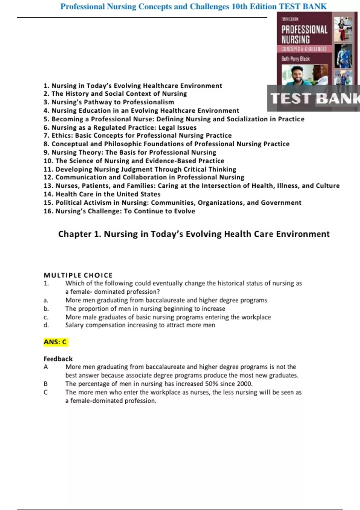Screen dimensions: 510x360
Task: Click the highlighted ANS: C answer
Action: (55, 342)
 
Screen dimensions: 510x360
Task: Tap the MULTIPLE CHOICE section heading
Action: (78, 275)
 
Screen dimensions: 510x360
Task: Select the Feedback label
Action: (58, 359)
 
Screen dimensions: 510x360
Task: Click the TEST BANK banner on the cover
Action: (313, 98)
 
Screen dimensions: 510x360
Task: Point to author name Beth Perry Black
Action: (295, 59)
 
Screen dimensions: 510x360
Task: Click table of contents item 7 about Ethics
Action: (138, 136)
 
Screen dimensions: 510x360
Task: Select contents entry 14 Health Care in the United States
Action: (102, 194)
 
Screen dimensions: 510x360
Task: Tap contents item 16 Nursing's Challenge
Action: (119, 211)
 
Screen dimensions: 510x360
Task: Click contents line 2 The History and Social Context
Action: (115, 94)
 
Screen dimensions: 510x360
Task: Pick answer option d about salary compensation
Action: (140, 325)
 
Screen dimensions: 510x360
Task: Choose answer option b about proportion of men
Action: (145, 309)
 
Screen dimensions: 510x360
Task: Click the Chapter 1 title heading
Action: (194, 234)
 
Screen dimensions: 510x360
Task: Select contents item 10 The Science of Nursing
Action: (134, 161)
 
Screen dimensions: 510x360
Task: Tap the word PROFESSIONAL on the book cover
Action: (304, 30)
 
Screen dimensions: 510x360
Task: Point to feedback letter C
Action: (46, 392)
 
